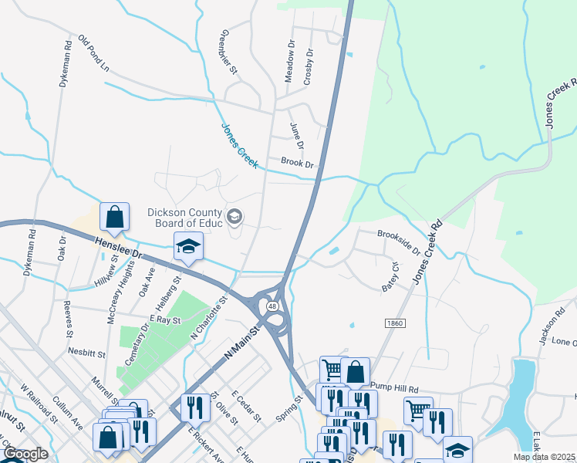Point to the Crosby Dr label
[x=309, y=67]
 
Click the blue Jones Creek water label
[x=239, y=142]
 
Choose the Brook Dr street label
[x=298, y=163]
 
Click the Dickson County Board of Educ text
[x=185, y=217]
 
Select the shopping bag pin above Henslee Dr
[x=114, y=219]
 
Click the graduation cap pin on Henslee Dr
[x=188, y=247]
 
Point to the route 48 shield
[x=272, y=306]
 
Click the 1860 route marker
[x=393, y=323]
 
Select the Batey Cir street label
[x=390, y=278]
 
